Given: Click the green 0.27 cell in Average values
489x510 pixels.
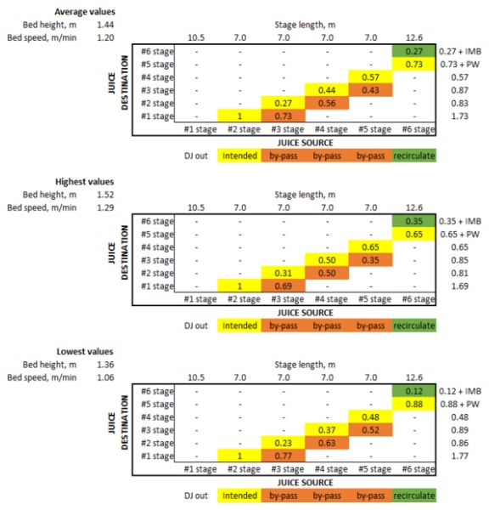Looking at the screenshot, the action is [x=413, y=51].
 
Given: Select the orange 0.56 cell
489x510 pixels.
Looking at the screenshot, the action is [x=327, y=103].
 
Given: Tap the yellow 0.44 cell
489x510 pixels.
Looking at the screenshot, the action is [x=327, y=90].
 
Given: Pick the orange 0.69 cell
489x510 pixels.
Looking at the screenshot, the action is [x=284, y=286].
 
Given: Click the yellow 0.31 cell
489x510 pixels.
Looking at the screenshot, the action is [x=284, y=273].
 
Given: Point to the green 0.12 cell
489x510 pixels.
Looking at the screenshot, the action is [x=413, y=391].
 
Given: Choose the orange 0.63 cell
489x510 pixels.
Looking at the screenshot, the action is [x=327, y=443].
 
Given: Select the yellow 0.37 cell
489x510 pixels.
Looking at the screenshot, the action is [x=327, y=430].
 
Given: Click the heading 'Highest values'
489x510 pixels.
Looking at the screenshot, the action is [x=85, y=182].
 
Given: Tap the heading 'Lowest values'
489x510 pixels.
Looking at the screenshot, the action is [x=85, y=352].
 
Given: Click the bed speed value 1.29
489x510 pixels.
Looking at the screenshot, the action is [x=105, y=207].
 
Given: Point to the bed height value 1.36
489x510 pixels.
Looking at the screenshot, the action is [x=105, y=365].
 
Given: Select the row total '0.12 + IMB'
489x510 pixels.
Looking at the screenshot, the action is [x=460, y=391].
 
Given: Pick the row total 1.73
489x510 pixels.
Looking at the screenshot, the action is [x=460, y=116].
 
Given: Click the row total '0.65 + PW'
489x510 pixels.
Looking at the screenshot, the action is [x=460, y=235].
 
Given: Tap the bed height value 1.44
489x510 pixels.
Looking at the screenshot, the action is [x=105, y=25].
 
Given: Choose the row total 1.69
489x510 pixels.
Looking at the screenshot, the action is [x=460, y=286].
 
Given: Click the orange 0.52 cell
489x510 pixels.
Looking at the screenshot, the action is [x=370, y=430].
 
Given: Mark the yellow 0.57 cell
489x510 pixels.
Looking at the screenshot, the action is [x=370, y=77].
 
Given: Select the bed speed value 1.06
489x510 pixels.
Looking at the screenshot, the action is [x=105, y=377].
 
